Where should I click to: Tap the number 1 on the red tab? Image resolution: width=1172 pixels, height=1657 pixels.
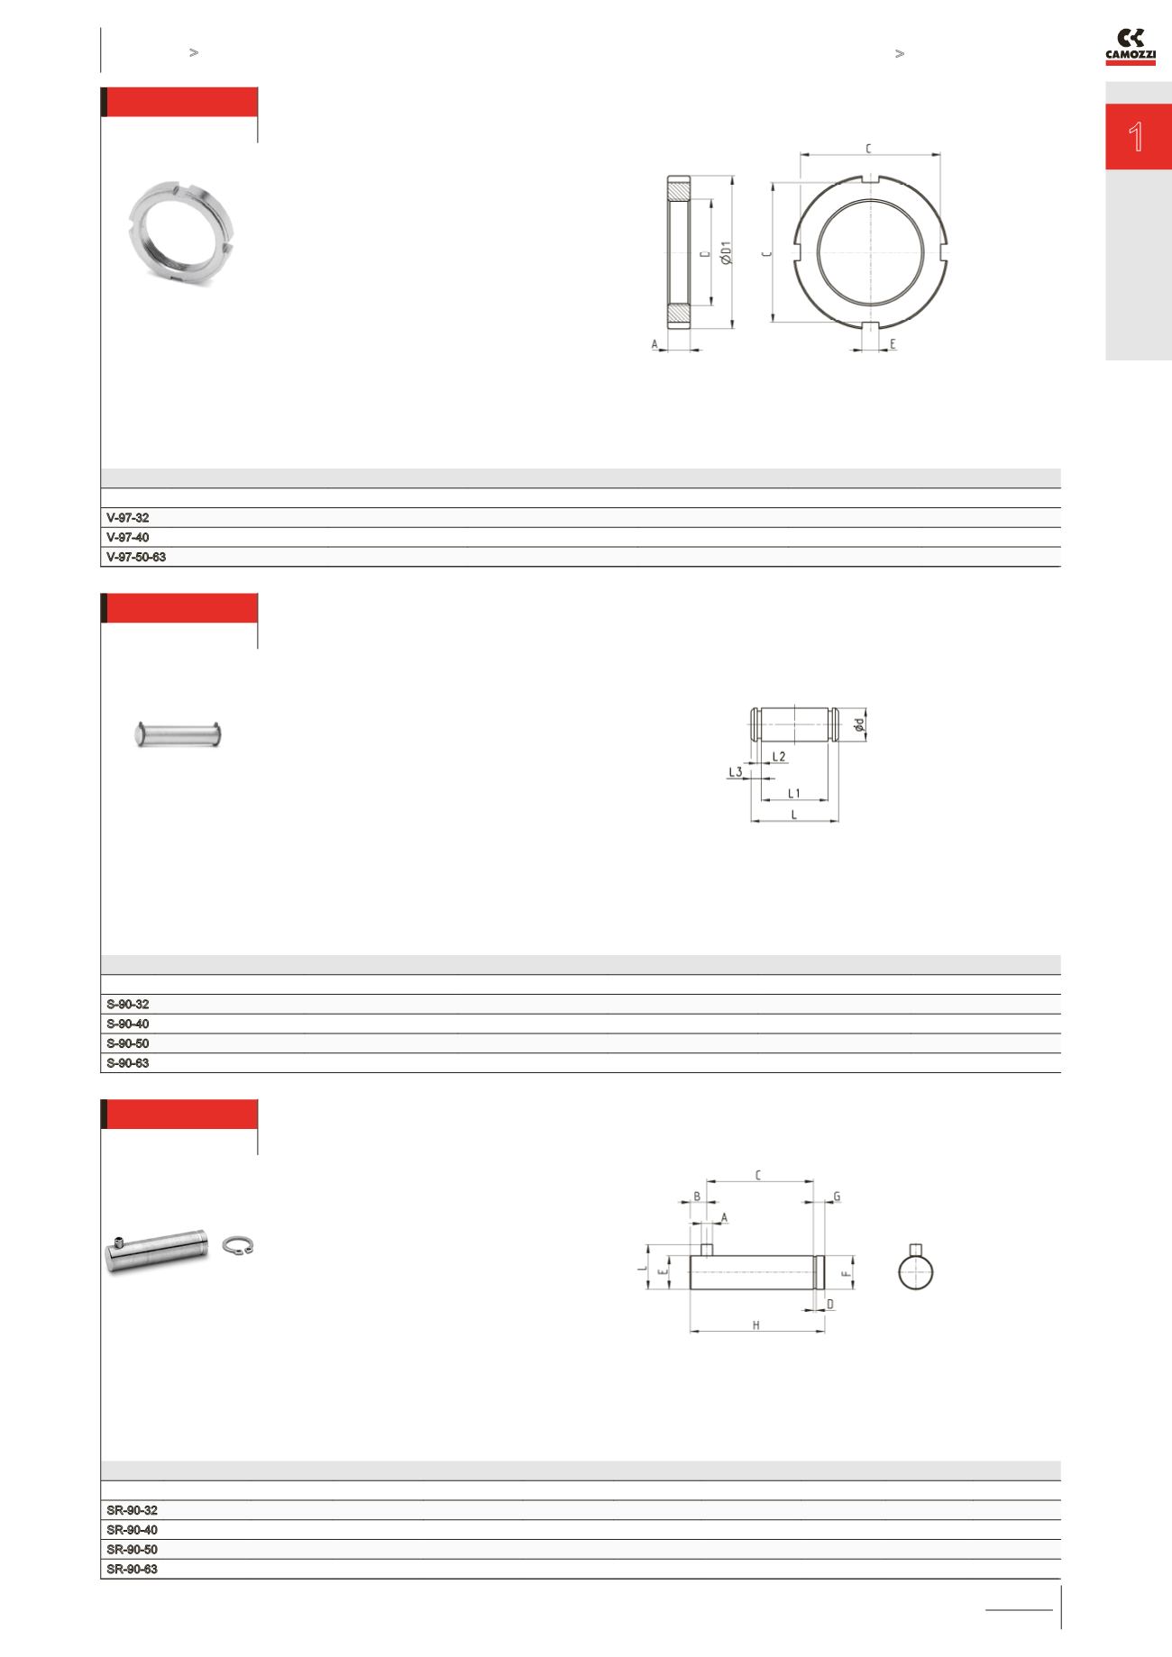coord(1136,137)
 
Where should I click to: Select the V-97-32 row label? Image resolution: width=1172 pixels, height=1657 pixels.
coord(128,518)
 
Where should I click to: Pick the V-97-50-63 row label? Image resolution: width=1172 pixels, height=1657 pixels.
coord(136,558)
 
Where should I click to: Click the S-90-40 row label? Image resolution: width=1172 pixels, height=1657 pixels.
coord(128,1024)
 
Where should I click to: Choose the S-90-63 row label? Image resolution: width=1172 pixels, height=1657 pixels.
coord(128,1063)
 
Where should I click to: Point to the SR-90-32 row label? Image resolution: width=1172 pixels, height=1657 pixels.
coord(133,1510)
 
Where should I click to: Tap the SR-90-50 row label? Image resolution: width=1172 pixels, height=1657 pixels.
coord(133,1550)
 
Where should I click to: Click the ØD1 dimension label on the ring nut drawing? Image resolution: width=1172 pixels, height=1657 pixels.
coord(726,252)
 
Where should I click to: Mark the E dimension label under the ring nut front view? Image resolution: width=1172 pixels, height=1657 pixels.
coord(893,344)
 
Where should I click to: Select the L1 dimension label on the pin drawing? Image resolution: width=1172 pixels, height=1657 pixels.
coord(793,794)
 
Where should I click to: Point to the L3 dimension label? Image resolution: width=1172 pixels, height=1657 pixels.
coord(736,772)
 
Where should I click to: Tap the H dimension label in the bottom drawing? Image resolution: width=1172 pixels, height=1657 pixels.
coord(756,1325)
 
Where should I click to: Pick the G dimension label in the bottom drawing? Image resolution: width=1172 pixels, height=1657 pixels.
coord(837,1197)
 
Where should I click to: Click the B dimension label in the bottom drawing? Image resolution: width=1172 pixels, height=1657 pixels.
coord(696,1197)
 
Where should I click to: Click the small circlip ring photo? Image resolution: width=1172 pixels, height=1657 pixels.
coord(240,1245)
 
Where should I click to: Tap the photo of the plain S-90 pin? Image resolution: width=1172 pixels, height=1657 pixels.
coord(179,733)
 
